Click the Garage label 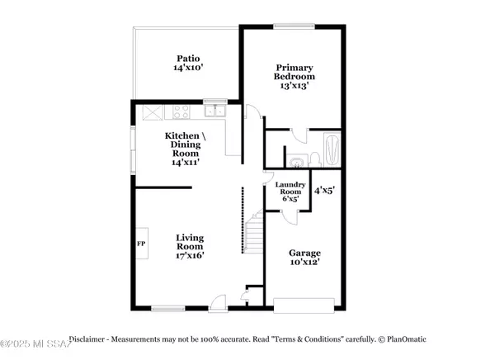(x=304, y=258)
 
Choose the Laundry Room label (x=290, y=191)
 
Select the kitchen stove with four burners (x=181, y=111)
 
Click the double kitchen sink (x=216, y=110)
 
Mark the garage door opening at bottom (x=304, y=305)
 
